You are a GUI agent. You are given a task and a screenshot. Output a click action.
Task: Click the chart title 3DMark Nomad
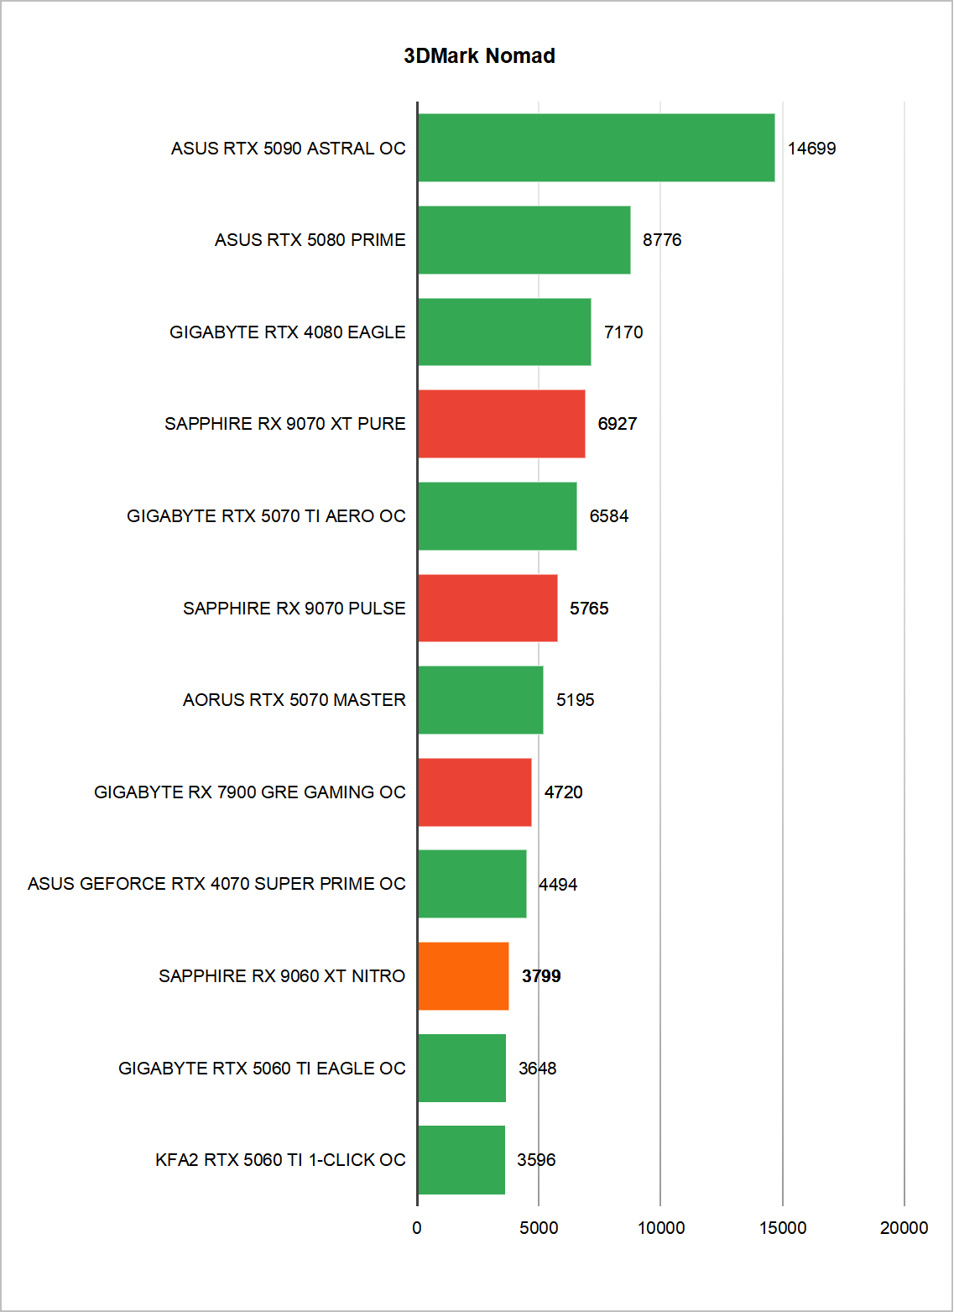coord(479,56)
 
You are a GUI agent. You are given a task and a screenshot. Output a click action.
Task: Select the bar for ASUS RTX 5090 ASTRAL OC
coord(596,148)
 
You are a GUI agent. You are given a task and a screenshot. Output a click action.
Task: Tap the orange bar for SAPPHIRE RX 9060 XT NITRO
coord(463,975)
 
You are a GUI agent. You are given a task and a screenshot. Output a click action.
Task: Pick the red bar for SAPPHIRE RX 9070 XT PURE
coord(501,423)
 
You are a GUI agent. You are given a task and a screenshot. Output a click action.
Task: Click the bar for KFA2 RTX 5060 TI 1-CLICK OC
coord(461,1159)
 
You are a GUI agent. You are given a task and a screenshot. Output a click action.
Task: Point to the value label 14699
coord(811,149)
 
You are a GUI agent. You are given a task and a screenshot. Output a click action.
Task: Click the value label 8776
coord(662,240)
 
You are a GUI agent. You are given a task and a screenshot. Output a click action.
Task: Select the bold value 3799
coord(541,976)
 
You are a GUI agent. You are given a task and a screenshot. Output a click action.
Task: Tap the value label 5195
coord(575,700)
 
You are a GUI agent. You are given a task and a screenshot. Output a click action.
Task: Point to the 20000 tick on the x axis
coord(904,1228)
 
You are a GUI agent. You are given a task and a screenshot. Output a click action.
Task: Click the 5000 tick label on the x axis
coord(539,1228)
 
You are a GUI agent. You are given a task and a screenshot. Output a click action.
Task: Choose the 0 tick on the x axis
coord(417,1228)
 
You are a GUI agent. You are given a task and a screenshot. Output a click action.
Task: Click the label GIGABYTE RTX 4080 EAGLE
coord(287,332)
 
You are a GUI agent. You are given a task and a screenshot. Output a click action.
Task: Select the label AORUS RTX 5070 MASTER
coord(294,700)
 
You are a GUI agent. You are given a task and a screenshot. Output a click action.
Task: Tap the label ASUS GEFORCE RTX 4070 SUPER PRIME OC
coord(216,884)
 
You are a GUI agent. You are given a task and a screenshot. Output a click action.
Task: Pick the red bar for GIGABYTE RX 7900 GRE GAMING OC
coord(474,792)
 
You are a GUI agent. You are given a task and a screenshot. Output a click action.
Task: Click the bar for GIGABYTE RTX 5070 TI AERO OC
coord(497,515)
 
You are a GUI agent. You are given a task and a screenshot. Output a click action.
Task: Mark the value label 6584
coord(608,516)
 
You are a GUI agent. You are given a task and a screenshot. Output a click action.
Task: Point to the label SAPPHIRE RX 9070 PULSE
coord(294,608)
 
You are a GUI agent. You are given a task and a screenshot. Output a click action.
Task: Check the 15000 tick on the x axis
coord(782,1228)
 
